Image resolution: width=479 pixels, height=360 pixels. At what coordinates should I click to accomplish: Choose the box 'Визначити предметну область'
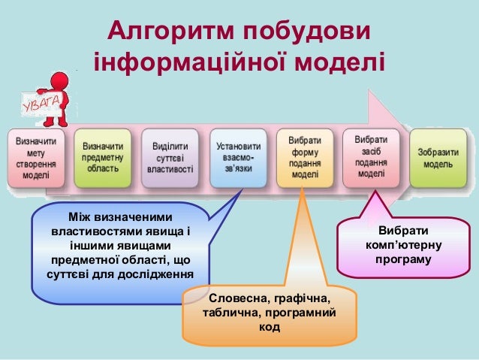(103, 159)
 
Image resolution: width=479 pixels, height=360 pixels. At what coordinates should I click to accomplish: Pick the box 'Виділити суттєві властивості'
(171, 159)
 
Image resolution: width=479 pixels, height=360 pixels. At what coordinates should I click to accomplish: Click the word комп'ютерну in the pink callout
(405, 245)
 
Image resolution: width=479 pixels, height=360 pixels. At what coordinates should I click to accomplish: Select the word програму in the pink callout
(404, 259)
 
